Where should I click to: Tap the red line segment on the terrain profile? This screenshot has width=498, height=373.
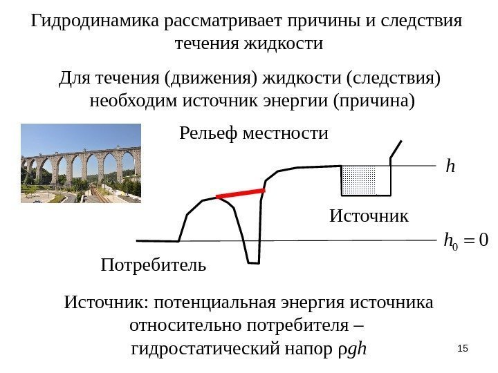[x=241, y=193]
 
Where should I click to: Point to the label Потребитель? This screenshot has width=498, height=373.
[x=154, y=264]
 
